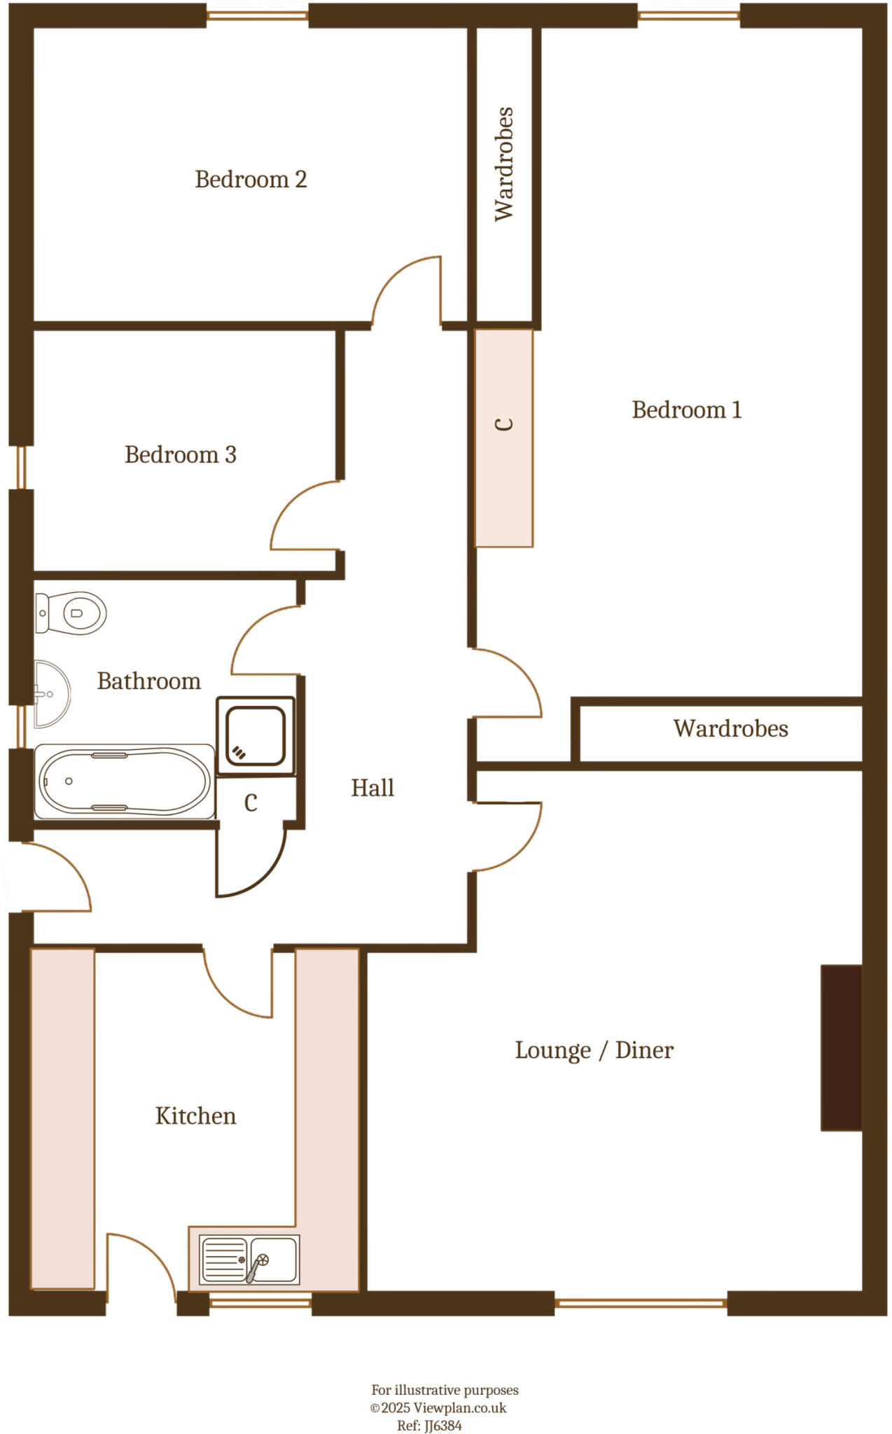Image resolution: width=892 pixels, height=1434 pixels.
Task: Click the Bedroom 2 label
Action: click(x=251, y=179)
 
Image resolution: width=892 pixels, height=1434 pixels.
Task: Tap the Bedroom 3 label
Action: click(x=181, y=454)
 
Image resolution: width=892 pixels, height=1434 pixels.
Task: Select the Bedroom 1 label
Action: click(x=686, y=410)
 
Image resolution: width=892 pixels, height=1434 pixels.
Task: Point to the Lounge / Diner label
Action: click(x=594, y=1050)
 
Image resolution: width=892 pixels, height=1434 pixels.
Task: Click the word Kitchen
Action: click(x=195, y=1115)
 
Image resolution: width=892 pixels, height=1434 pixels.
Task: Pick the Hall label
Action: click(x=372, y=788)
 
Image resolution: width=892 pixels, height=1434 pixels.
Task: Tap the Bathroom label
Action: click(x=148, y=681)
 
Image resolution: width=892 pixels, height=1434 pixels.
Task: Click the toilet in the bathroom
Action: click(x=71, y=613)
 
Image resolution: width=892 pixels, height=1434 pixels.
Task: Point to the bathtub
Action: click(x=125, y=781)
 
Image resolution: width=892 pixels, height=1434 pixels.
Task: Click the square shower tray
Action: click(x=256, y=735)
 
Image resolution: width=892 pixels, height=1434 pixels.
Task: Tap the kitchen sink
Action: click(x=250, y=1260)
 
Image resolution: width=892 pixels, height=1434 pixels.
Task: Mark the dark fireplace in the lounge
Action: click(x=841, y=1047)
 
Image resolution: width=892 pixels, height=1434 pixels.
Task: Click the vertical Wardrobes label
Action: click(x=504, y=164)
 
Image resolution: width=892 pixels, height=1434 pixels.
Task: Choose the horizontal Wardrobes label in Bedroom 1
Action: click(x=730, y=728)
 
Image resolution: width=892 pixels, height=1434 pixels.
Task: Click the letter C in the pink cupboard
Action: click(x=504, y=424)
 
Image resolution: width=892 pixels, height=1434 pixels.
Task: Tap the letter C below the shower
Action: click(x=251, y=803)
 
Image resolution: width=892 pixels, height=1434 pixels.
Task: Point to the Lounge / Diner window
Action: click(x=641, y=1303)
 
